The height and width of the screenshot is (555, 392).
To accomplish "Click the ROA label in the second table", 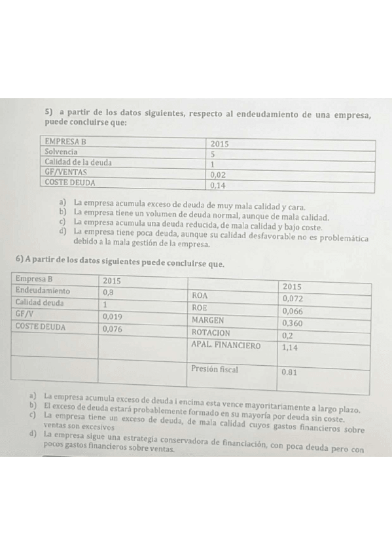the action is tap(199, 295).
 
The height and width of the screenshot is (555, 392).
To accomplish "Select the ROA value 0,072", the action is tap(293, 298).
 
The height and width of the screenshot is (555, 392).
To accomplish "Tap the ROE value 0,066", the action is tap(293, 311).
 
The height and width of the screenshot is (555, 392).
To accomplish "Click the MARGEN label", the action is tap(207, 320).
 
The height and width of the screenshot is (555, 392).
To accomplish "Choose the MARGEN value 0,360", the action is tap(292, 323).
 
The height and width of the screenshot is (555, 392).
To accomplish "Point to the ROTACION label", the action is tap(211, 332).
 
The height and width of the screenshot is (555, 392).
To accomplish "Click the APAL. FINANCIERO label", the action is tap(225, 345).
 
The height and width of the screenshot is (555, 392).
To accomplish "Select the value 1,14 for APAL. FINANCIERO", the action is tap(289, 348).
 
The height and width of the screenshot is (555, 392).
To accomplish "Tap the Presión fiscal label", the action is tap(215, 369).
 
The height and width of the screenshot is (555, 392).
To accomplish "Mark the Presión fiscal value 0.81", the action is tap(290, 372).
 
